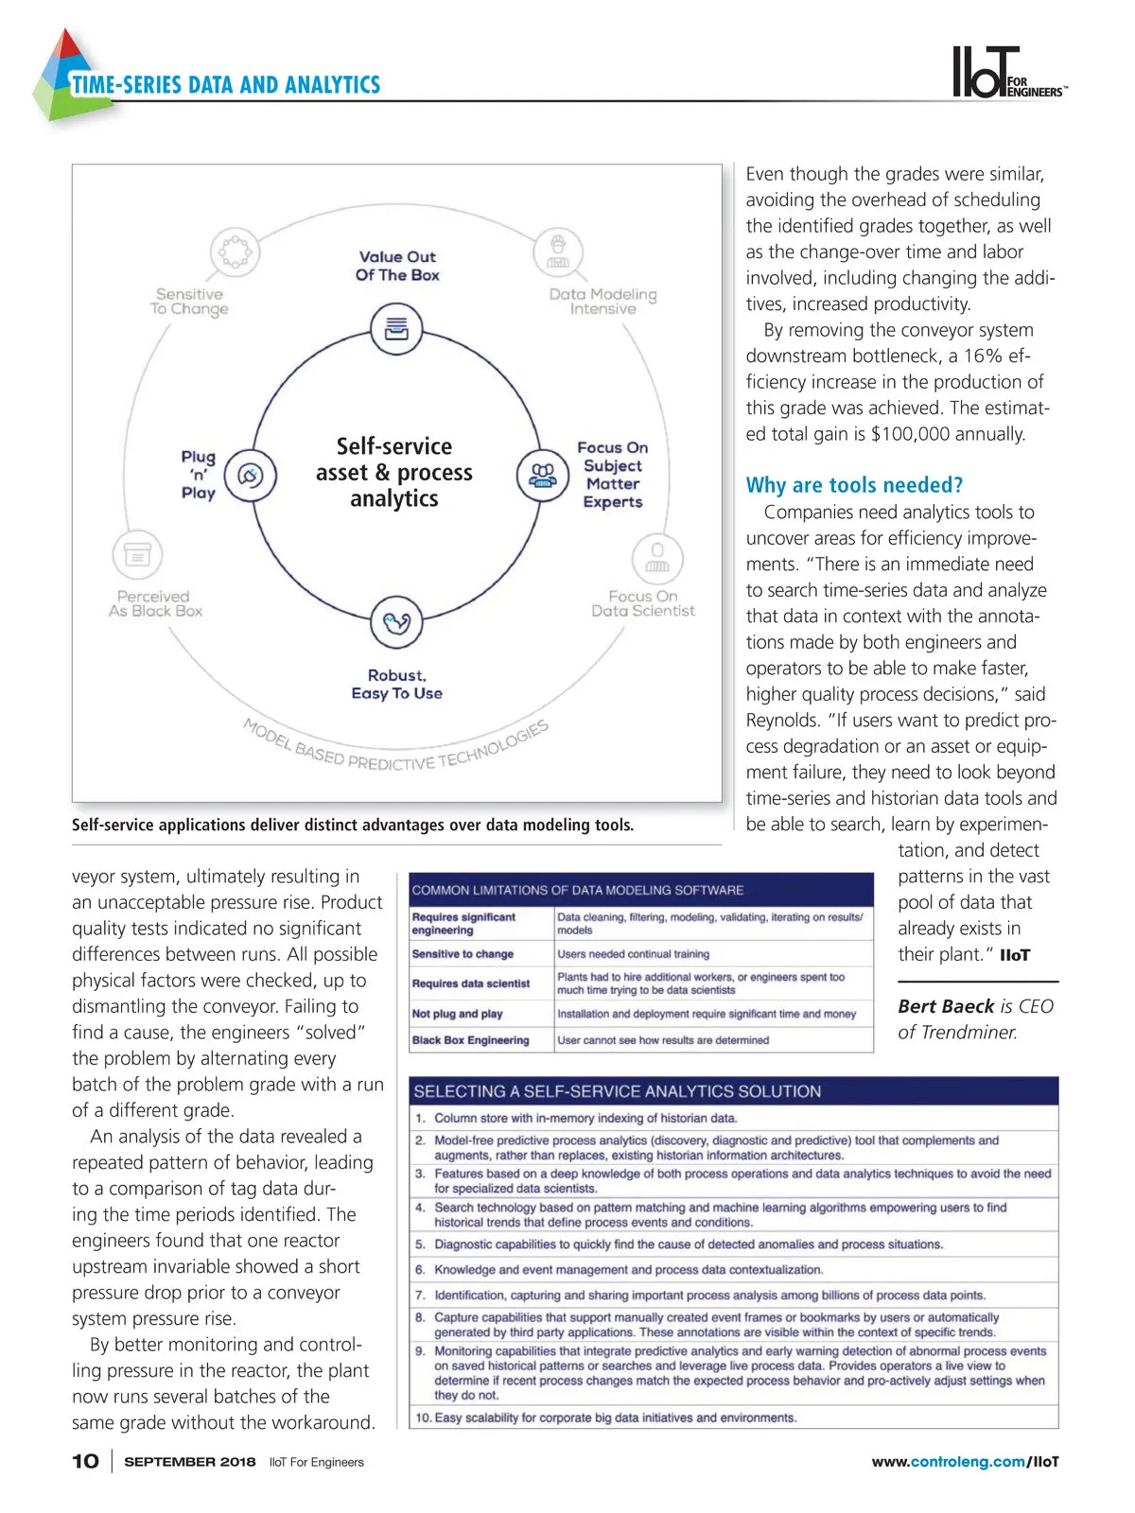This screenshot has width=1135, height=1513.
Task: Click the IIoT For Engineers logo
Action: click(x=1007, y=73)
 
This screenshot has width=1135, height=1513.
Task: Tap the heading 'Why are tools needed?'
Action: click(x=854, y=485)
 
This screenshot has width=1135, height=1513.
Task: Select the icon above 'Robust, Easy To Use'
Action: click(x=396, y=622)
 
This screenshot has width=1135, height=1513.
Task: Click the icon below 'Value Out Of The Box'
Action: click(x=396, y=329)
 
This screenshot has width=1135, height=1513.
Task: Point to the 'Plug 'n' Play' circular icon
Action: click(x=251, y=475)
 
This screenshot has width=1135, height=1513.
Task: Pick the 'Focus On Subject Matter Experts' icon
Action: click(x=542, y=475)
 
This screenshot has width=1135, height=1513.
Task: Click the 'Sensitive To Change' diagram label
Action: click(x=189, y=302)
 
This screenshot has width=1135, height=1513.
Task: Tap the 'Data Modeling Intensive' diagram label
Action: click(x=602, y=302)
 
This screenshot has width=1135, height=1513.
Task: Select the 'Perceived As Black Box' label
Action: click(x=155, y=603)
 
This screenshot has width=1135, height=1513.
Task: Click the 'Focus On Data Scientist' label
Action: click(x=643, y=603)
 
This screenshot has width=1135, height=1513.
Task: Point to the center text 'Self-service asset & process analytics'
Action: click(x=394, y=472)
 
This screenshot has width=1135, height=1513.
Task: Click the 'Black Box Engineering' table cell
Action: click(x=471, y=1040)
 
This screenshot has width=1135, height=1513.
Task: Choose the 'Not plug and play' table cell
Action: click(x=458, y=1014)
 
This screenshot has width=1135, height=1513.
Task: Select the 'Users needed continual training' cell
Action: click(x=633, y=954)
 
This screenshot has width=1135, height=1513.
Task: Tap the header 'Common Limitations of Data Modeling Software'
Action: click(x=578, y=890)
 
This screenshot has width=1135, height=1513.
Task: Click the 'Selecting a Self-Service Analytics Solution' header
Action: click(x=617, y=1091)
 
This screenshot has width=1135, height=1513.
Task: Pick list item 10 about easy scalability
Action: click(x=606, y=1417)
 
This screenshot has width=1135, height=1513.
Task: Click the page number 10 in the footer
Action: click(x=85, y=1461)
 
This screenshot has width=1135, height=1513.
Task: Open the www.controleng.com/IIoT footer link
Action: click(x=965, y=1462)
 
